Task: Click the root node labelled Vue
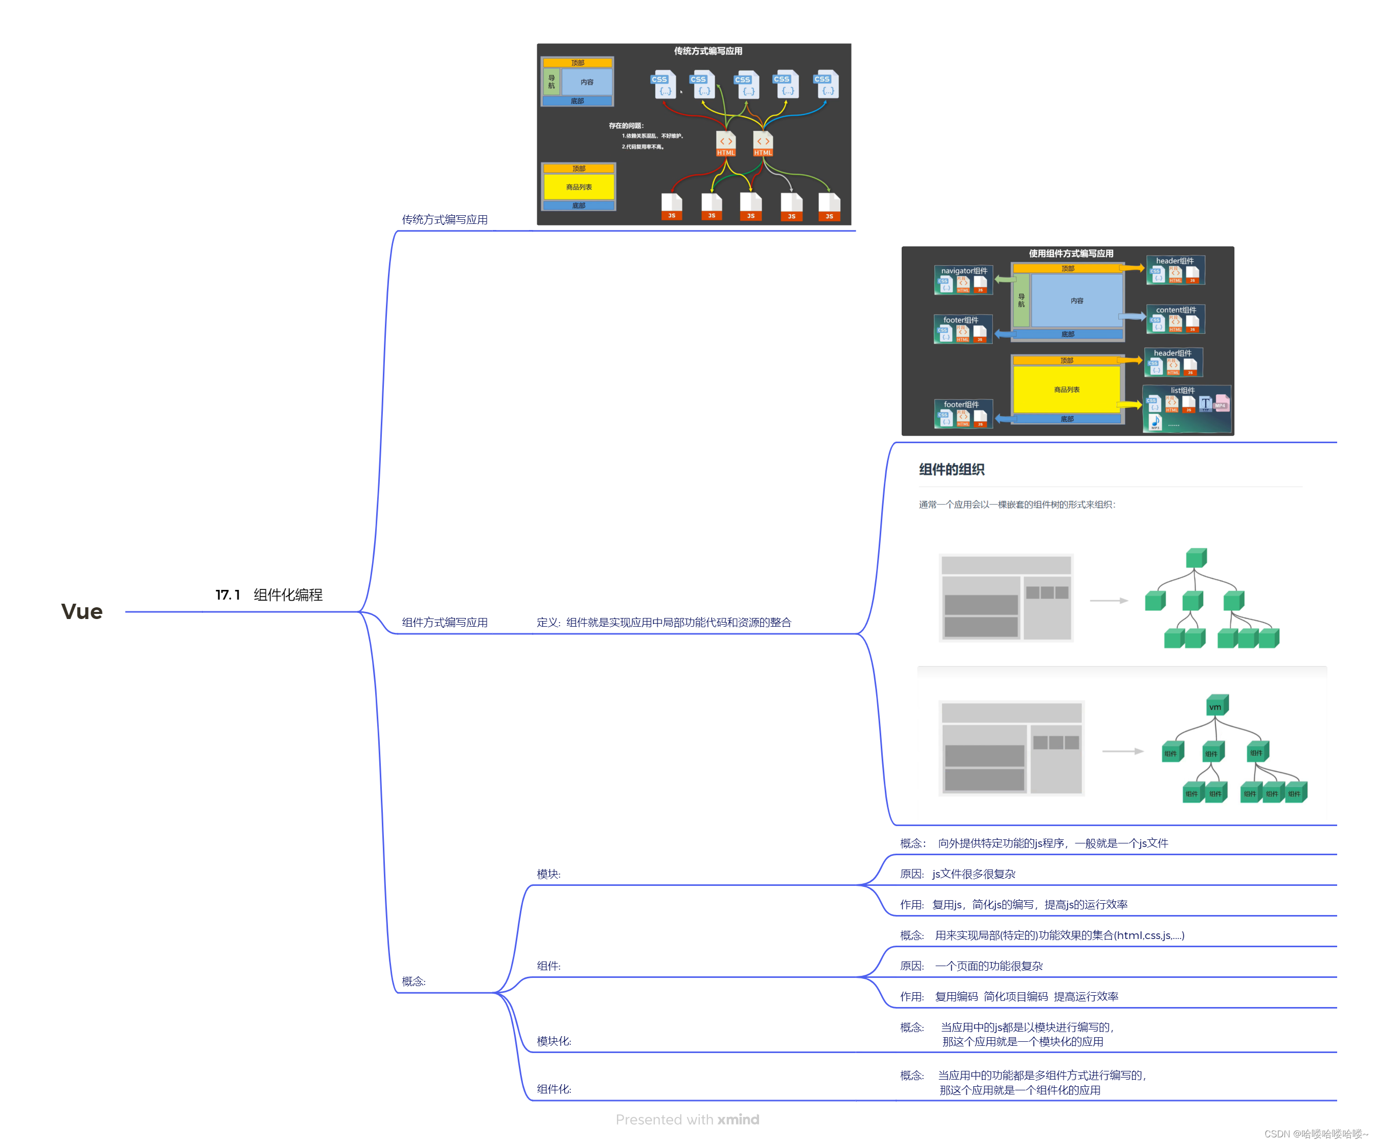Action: click(82, 611)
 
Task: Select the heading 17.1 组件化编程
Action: click(269, 595)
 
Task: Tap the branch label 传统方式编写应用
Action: click(444, 219)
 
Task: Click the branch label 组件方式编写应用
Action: click(444, 623)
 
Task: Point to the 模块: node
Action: click(548, 874)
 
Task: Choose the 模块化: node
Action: click(554, 1041)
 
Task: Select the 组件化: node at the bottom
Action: click(554, 1089)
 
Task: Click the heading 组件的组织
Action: click(951, 469)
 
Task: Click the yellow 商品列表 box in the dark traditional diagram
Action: click(579, 187)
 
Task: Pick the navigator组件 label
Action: click(964, 270)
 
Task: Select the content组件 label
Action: click(1176, 310)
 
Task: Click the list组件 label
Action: click(1182, 391)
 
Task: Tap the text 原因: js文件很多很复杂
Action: click(957, 874)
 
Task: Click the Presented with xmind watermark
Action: click(687, 1120)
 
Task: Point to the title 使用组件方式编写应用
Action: click(1071, 254)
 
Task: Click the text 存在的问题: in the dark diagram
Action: click(627, 126)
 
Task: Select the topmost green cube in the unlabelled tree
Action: click(1196, 558)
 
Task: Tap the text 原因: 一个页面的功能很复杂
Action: click(971, 966)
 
